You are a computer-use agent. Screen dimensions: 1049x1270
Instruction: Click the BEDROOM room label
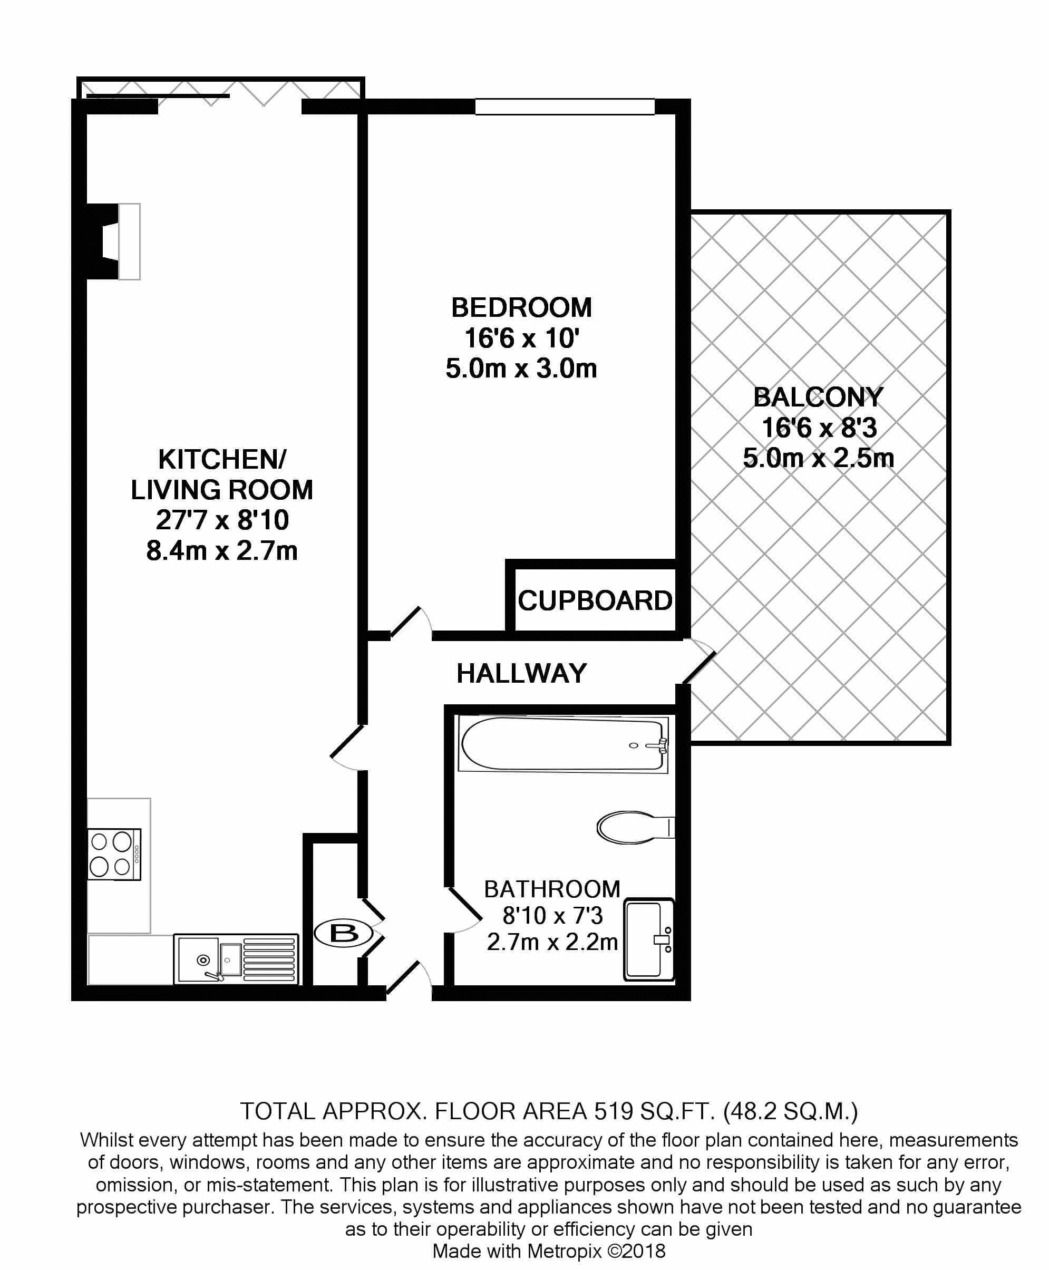pos(521,307)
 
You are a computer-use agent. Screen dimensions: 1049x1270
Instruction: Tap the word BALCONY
pos(818,397)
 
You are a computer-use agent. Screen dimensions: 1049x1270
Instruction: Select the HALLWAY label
pos(521,673)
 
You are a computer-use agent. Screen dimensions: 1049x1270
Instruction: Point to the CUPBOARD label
pos(595,600)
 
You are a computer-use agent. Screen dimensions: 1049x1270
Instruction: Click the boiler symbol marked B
pos(344,934)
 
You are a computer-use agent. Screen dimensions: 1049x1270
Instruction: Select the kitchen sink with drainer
pos(236,959)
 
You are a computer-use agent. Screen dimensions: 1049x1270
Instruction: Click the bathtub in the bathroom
pos(563,744)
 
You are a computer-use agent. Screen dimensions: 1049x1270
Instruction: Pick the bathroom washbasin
pos(649,939)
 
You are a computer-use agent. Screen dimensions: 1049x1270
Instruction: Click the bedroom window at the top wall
pos(565,107)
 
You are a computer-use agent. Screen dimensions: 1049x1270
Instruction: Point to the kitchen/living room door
pos(348,748)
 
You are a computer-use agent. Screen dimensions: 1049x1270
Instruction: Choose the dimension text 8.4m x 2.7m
pos(222,551)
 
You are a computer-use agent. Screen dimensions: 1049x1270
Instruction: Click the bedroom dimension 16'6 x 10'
pos(521,338)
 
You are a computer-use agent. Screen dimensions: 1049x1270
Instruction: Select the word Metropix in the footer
pos(565,1250)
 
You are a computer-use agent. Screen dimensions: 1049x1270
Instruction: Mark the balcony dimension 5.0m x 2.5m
pos(818,458)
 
